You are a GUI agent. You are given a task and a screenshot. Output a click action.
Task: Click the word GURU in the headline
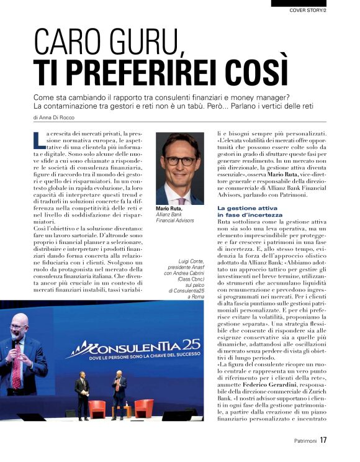[x=137, y=43]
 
